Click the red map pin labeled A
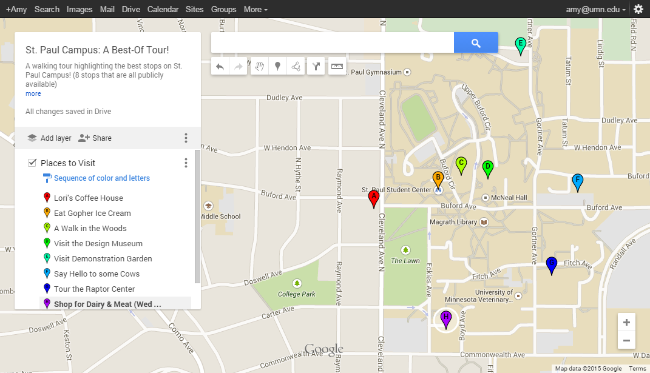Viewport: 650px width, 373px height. coord(374,198)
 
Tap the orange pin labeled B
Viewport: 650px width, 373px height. coord(438,179)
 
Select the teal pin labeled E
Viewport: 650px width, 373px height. coord(520,45)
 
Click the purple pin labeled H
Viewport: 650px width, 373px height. coord(446,318)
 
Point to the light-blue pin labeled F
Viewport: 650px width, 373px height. coord(578,181)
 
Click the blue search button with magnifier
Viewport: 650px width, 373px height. coord(476,43)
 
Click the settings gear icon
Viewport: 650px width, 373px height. coord(638,9)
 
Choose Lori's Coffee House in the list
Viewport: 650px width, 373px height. coord(88,198)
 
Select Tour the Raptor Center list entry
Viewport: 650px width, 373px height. coord(94,289)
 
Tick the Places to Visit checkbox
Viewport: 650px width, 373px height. coord(32,163)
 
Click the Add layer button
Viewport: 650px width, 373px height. coord(50,138)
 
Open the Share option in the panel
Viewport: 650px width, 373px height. coord(95,138)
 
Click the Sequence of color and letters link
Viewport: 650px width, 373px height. coord(101,178)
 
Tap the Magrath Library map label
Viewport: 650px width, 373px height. coord(453,223)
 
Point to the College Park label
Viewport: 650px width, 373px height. coord(297,294)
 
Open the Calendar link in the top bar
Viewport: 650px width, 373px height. coord(163,9)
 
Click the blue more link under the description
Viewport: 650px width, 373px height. coord(33,94)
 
